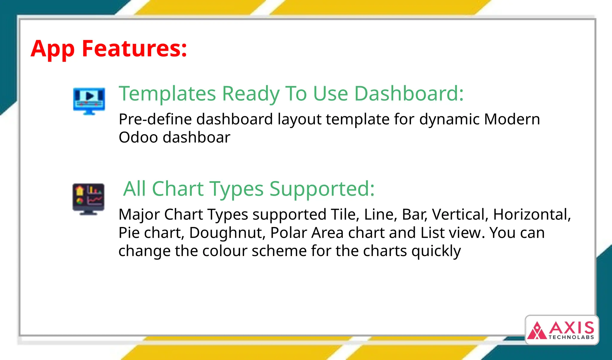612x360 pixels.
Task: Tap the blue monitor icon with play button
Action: [x=89, y=101]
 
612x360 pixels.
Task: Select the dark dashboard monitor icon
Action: [x=88, y=199]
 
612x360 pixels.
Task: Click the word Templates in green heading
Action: [x=167, y=94]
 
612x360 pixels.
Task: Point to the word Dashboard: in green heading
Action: [x=408, y=94]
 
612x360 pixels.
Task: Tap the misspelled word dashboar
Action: [x=196, y=137]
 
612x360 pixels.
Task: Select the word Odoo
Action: [x=138, y=137]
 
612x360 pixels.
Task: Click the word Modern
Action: [x=512, y=119]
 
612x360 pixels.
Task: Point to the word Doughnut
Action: [x=227, y=233]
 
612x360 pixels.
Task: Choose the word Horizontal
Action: [x=531, y=215]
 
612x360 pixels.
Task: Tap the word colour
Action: [x=224, y=251]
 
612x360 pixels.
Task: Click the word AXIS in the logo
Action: [x=571, y=328]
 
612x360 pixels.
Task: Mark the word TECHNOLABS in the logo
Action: [x=571, y=337]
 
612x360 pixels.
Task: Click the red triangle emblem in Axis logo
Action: [x=537, y=331]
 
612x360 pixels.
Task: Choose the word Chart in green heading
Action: [x=178, y=189]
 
